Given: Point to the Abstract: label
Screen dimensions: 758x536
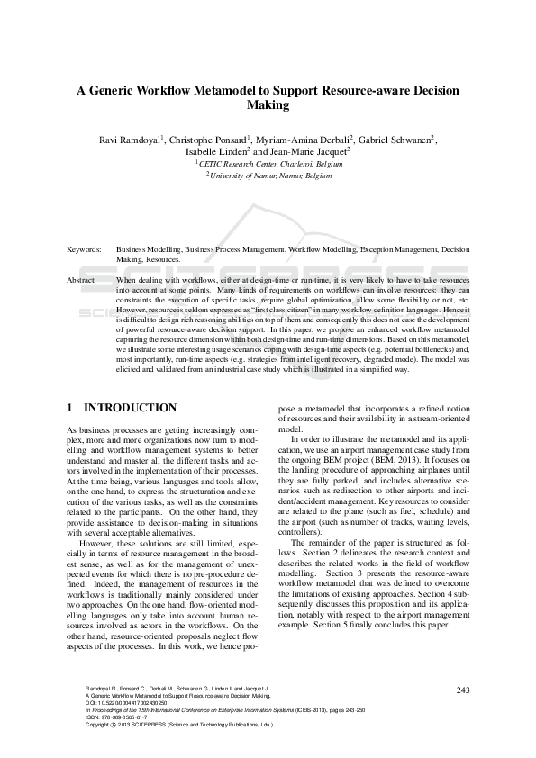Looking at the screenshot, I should pyautogui.click(x=85, y=281).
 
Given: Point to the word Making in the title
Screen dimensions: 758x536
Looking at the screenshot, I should pyautogui.click(x=268, y=105).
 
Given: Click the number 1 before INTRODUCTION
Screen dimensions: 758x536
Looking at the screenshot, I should pyautogui.click(x=71, y=408).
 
